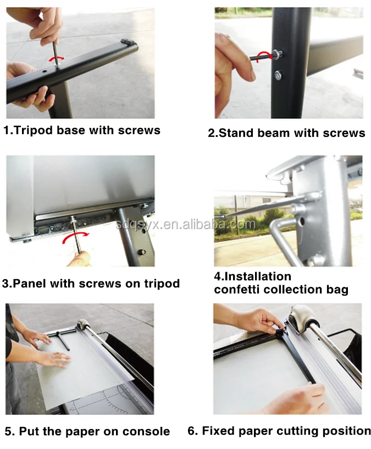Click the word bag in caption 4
337,290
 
